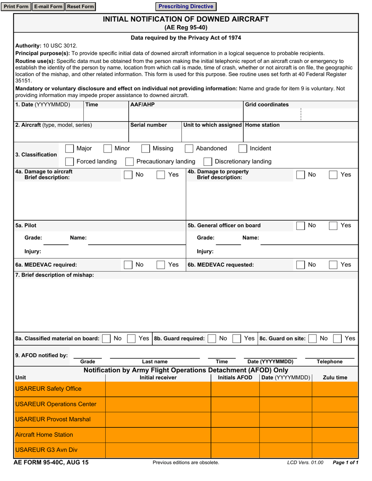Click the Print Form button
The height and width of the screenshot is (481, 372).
pos(16,7)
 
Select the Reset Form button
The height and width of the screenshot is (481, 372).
pos(80,7)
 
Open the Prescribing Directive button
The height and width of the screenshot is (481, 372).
pos(186,7)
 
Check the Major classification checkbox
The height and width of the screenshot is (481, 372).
pos(69,149)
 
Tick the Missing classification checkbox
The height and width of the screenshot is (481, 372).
pos(145,149)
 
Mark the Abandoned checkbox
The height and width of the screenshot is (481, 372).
pos(189,149)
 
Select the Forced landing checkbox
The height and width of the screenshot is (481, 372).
pos(69,162)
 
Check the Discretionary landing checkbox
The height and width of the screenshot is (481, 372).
pos(208,162)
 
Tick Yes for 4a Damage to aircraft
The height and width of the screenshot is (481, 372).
pos(161,175)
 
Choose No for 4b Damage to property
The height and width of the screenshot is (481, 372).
pos(301,175)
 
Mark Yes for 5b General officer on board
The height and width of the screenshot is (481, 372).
pos(334,226)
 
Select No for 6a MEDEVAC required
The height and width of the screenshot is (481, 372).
pos(128,265)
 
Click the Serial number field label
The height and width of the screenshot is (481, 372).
pos(148,125)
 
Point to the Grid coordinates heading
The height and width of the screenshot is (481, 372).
pos(267,105)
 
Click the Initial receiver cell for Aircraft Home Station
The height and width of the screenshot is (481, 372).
pos(158,434)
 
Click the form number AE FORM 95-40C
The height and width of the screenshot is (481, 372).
pos(51,462)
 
